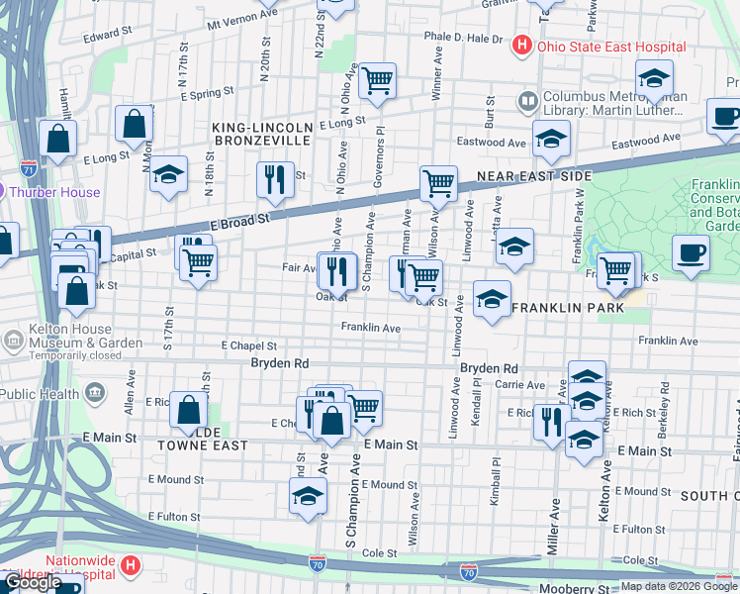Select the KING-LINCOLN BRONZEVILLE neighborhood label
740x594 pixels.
263,134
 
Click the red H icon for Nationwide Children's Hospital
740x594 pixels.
130,566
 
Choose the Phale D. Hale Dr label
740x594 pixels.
463,38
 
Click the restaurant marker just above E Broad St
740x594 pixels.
273,179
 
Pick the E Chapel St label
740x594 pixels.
248,346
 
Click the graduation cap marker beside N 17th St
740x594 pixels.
169,176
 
